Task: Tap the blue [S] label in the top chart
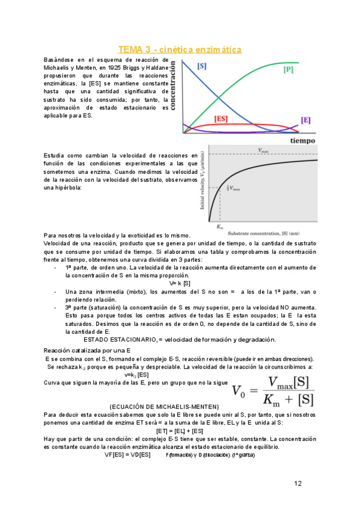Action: [x=203, y=65]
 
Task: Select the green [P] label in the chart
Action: [x=288, y=70]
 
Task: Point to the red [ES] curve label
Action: [x=221, y=119]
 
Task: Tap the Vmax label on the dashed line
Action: [x=263, y=150]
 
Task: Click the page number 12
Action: [x=299, y=483]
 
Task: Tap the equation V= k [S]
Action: [x=180, y=283]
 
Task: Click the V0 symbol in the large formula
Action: [x=242, y=391]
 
